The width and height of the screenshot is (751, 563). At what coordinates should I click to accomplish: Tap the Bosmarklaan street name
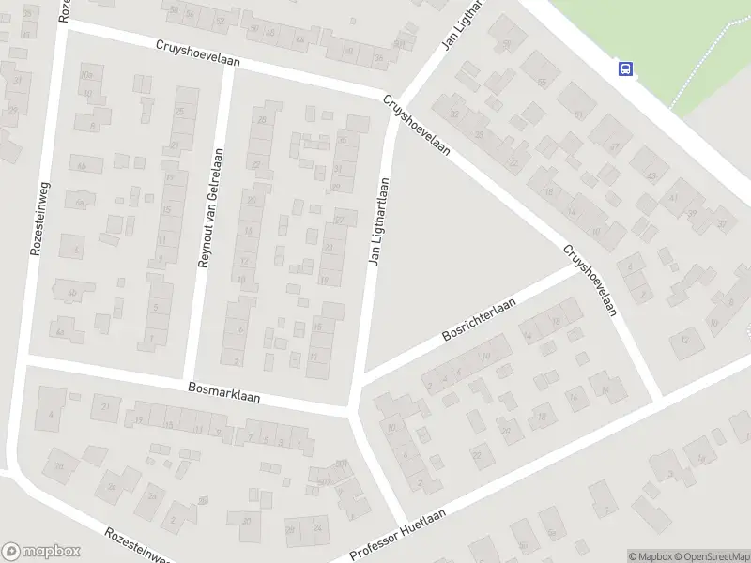pos(223,391)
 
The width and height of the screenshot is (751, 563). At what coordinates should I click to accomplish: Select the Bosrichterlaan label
pos(480,321)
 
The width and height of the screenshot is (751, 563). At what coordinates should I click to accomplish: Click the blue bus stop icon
pos(625,68)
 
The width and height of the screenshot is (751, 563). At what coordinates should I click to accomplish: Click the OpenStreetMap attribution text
pos(711,556)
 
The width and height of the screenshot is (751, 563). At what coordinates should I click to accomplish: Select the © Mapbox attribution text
pos(650,556)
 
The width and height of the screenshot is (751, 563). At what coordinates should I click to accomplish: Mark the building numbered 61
pos(578,114)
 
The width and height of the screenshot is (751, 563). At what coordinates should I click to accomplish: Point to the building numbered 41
pos(673,197)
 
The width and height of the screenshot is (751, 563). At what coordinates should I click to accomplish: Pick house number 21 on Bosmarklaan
pos(106,405)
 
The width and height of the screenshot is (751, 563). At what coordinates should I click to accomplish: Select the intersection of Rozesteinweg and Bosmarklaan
pos(25,359)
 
